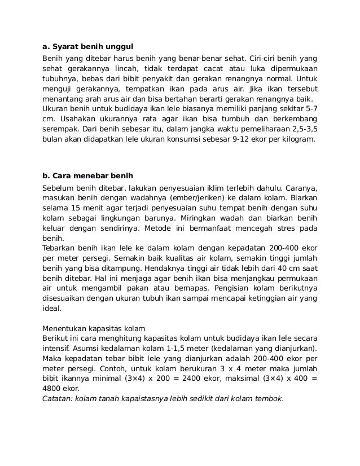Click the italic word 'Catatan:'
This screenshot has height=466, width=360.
click(58, 399)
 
